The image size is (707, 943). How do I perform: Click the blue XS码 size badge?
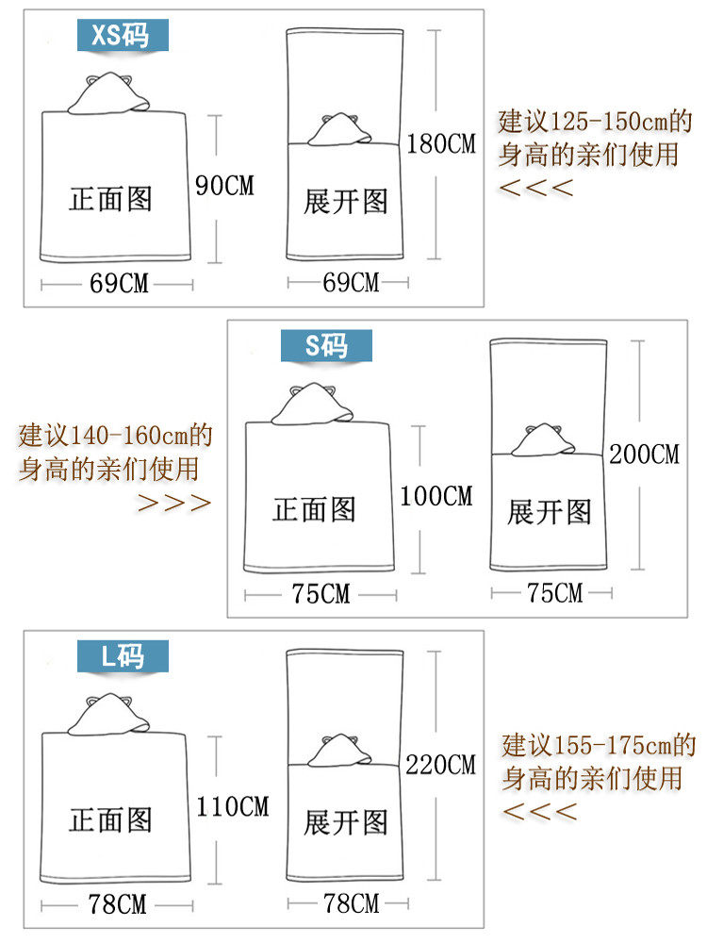123,35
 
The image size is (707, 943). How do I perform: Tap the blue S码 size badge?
326,346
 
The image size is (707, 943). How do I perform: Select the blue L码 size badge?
123,655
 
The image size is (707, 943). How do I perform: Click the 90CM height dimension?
224,185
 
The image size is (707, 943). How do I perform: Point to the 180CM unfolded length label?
441,144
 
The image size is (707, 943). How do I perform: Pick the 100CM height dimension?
436,495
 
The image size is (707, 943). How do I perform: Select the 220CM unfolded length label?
441,764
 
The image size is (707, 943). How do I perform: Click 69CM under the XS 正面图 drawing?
119,283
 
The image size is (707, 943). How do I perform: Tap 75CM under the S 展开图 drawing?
554,593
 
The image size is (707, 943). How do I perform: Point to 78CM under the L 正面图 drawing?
118,904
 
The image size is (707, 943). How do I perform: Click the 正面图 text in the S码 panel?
314,510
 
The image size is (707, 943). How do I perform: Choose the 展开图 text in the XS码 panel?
346,201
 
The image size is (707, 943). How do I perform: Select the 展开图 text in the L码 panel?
346,822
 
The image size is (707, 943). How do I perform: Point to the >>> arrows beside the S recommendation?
174,502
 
